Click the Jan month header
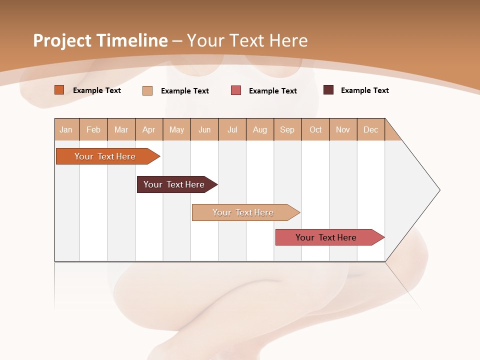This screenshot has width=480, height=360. pyautogui.click(x=66, y=129)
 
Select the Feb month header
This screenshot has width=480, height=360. pyautogui.click(x=93, y=129)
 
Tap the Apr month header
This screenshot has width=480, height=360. pyautogui.click(x=149, y=129)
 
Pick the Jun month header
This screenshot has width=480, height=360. pyautogui.click(x=204, y=129)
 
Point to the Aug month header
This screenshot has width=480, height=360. pyautogui.click(x=260, y=129)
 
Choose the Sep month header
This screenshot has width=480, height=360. pyautogui.click(x=287, y=129)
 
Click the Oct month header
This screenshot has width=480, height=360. pyautogui.click(x=315, y=129)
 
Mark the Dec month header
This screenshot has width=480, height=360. pyautogui.click(x=371, y=129)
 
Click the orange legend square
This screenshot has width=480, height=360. pyautogui.click(x=59, y=90)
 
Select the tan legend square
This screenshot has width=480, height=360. pyautogui.click(x=147, y=90)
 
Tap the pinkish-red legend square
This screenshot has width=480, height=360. pyautogui.click(x=236, y=90)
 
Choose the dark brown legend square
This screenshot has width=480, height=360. pyautogui.click(x=328, y=90)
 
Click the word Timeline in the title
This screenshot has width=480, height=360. pyautogui.click(x=132, y=40)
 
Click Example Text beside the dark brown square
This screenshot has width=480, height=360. pyautogui.click(x=365, y=90)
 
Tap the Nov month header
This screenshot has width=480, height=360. pyautogui.click(x=343, y=129)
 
